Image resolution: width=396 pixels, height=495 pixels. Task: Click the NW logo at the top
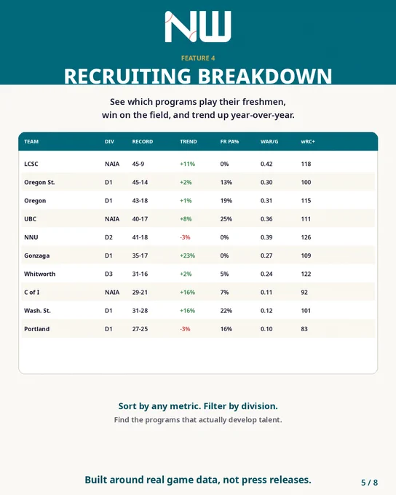point(198,27)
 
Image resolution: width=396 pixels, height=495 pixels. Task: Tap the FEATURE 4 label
point(198,58)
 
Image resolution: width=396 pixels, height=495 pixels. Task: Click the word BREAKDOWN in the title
point(265,76)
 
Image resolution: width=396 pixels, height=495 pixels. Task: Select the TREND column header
point(189,141)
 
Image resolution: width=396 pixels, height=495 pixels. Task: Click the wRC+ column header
point(308,141)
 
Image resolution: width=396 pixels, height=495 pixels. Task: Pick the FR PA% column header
point(229,141)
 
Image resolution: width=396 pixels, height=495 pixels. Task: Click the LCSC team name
point(31,164)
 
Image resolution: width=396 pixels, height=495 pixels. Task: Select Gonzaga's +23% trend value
point(187,256)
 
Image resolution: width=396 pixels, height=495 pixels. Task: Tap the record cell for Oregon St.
point(140,182)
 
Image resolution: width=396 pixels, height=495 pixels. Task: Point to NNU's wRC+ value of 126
point(306,237)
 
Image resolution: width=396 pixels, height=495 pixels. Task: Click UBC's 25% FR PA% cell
point(226,219)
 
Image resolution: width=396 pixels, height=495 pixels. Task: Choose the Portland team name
point(36,328)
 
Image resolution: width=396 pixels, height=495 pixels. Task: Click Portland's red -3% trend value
point(185,328)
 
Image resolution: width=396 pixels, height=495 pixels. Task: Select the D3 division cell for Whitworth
point(108,274)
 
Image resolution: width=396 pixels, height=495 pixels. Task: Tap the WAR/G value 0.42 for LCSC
point(266,164)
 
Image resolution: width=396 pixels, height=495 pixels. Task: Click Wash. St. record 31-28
point(140,310)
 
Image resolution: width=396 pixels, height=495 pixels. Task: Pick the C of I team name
point(31,292)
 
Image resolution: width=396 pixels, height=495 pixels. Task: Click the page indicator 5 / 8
point(370,483)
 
